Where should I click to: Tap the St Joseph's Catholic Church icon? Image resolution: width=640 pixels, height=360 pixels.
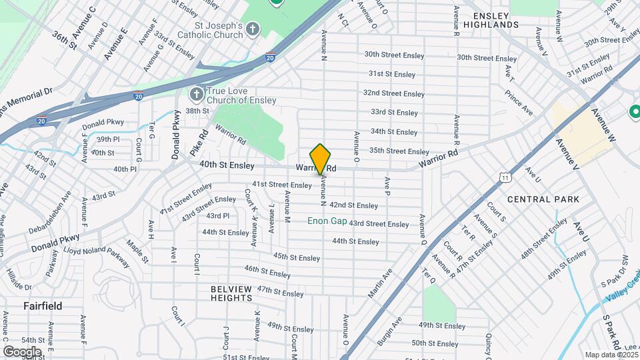[x=252, y=29]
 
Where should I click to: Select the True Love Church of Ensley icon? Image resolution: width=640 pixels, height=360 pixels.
[x=196, y=94]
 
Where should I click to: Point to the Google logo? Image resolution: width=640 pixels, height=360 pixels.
[x=22, y=351]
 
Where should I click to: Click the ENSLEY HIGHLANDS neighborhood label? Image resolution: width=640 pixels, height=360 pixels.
[x=495, y=19]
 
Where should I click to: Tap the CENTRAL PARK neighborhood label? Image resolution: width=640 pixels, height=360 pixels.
[x=543, y=199]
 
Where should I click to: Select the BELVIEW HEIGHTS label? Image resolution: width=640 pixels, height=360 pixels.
[x=231, y=293]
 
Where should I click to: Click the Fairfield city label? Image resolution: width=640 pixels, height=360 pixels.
[x=43, y=306]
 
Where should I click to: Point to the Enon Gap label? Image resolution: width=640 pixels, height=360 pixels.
[x=327, y=221]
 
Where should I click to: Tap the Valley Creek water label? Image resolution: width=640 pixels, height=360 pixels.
[x=624, y=278]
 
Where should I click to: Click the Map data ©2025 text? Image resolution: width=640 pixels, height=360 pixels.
[x=610, y=355]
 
